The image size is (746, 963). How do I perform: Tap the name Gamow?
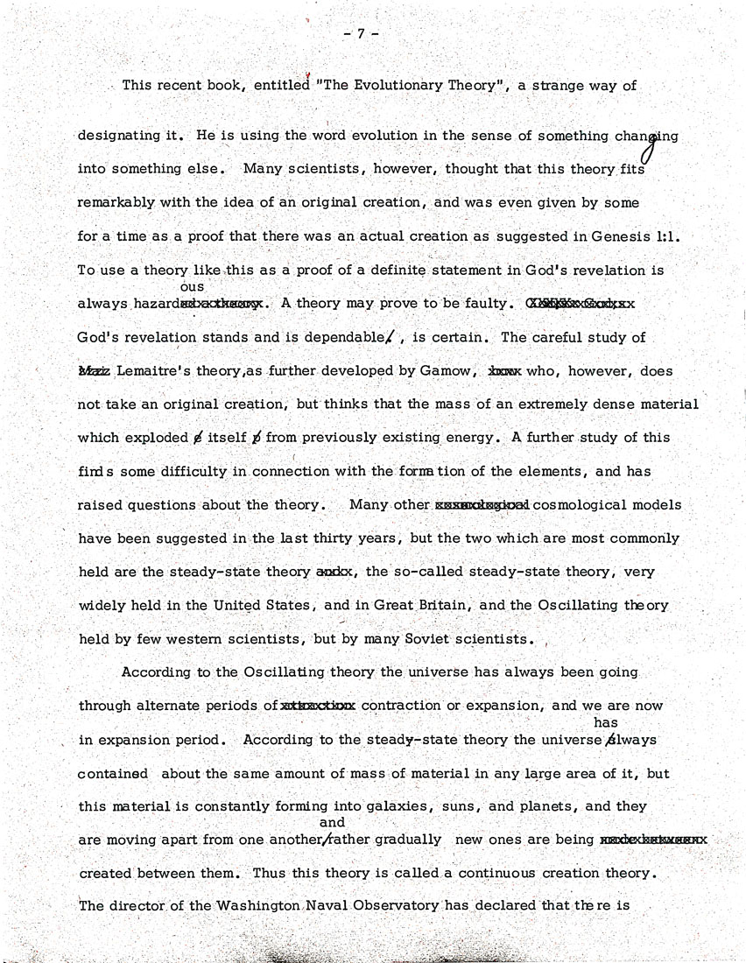point(443,371)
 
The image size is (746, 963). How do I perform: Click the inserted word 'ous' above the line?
point(191,287)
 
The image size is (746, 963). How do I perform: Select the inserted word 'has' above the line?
point(606,723)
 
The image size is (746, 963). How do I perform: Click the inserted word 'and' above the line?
point(333,823)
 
